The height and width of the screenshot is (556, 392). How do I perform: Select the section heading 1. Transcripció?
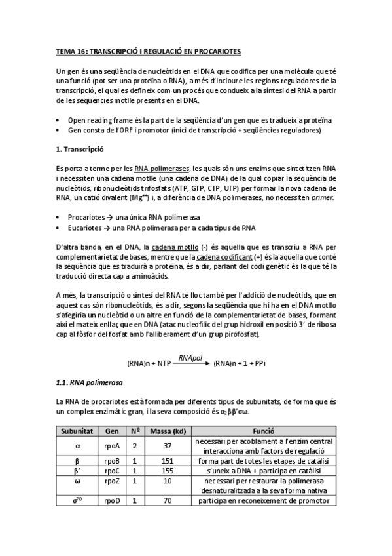[82, 149]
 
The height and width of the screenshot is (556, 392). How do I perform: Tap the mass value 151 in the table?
[168, 461]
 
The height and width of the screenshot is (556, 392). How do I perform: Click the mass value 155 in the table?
[168, 471]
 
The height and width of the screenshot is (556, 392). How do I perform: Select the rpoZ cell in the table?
[112, 481]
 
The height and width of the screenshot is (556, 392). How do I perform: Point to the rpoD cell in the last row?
[112, 501]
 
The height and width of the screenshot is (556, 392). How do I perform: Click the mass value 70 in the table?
[168, 501]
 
